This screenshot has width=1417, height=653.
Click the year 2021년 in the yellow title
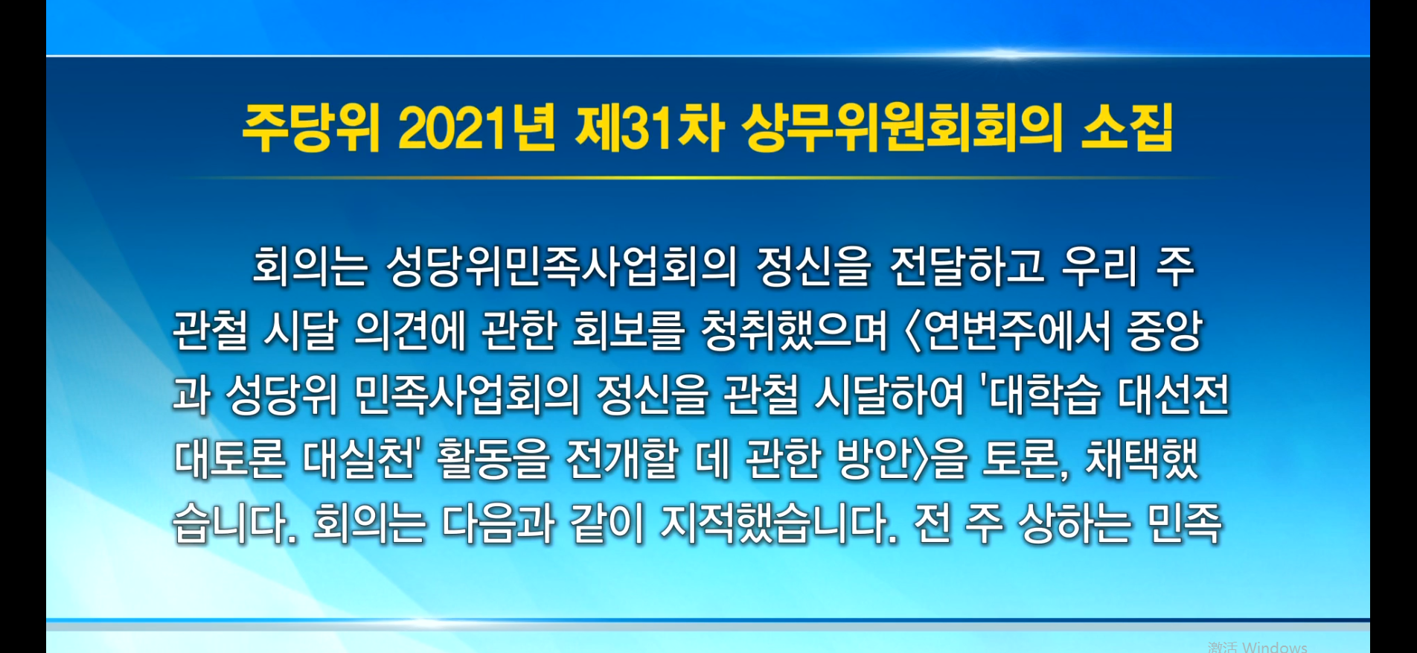pyautogui.click(x=477, y=128)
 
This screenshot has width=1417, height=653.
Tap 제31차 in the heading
pyautogui.click(x=650, y=128)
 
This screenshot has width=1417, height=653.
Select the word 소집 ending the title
pyautogui.click(x=1127, y=128)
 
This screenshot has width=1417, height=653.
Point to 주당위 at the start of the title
pyautogui.click(x=311, y=128)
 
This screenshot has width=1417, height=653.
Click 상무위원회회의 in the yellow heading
pyautogui.click(x=902, y=128)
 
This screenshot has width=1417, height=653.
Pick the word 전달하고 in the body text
pyautogui.click(x=967, y=266)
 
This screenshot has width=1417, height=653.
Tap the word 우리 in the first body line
pyautogui.click(x=1100, y=266)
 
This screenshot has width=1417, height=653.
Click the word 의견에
pyautogui.click(x=410, y=330)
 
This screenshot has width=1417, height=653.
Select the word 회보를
pyautogui.click(x=628, y=330)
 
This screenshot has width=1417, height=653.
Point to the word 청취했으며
pyautogui.click(x=795, y=330)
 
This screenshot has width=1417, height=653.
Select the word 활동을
pyautogui.click(x=493, y=458)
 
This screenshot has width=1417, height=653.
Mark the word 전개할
pyautogui.click(x=622, y=458)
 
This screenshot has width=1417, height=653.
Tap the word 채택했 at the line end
pyautogui.click(x=1142, y=458)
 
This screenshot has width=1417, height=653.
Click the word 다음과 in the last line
pyautogui.click(x=499, y=523)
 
